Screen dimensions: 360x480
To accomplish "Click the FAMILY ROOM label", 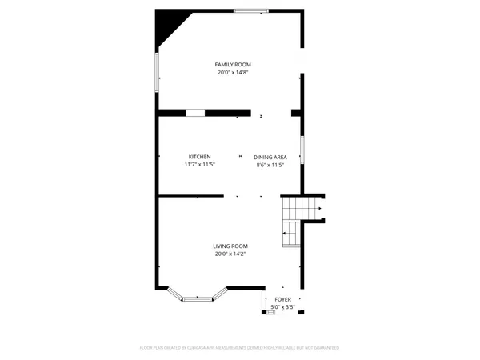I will point(230,64).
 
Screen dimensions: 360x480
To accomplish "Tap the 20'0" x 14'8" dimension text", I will point(230,73).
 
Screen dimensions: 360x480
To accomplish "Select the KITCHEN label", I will point(199,156).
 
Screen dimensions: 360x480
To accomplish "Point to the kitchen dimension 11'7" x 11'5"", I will point(199,165).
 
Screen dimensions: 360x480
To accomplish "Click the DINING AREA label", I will point(270,157).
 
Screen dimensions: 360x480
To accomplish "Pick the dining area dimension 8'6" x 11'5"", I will point(270,165).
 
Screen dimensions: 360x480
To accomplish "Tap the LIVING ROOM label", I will point(230,246).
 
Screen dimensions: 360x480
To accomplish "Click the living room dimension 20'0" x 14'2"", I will point(230,254).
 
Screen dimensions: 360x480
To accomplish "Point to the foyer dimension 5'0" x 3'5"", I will point(283,306).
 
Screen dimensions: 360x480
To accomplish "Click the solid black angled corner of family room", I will point(166,26).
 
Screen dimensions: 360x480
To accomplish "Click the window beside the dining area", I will point(302,150).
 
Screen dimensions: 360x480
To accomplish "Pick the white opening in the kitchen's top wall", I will point(195,112).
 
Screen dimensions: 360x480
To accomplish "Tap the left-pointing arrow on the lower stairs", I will point(284,233).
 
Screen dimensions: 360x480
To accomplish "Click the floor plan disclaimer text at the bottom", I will point(240,348).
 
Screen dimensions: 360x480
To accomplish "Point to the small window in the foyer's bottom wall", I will point(271,312).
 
